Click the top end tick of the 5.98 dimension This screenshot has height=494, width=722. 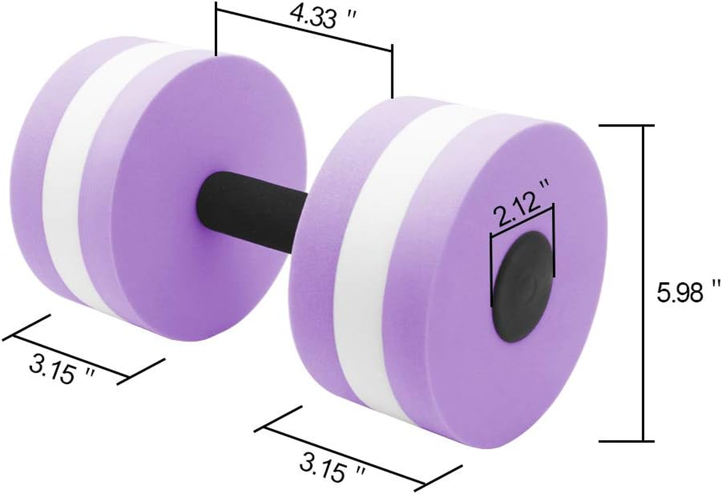(627, 125)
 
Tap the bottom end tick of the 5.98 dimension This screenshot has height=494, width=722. (627, 441)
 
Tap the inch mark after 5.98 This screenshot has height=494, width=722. (716, 285)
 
